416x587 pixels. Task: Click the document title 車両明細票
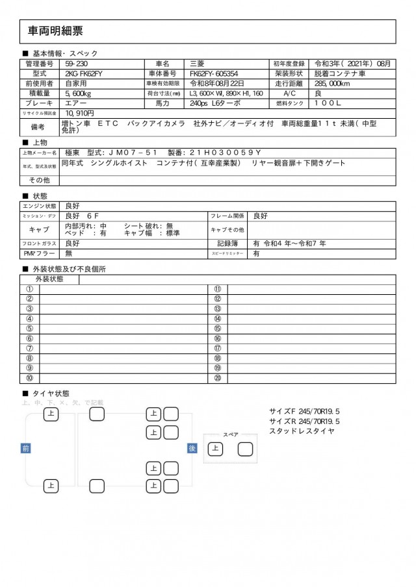[x=55, y=31]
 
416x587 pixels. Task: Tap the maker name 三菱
[x=196, y=64]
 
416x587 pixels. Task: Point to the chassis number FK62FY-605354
[x=214, y=73]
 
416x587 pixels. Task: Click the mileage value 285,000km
[x=334, y=83]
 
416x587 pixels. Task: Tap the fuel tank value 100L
[x=329, y=103]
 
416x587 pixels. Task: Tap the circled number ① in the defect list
[x=29, y=290]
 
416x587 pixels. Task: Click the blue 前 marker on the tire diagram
[x=25, y=448]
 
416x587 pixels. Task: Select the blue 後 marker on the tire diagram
[x=192, y=448]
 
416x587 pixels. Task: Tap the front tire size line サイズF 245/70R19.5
[x=304, y=412]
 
